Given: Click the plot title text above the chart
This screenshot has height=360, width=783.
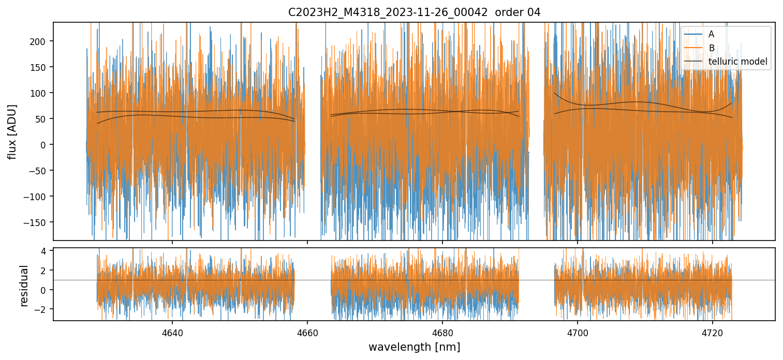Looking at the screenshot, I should click(x=414, y=12).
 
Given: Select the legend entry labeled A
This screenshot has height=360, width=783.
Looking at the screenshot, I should click(x=711, y=34).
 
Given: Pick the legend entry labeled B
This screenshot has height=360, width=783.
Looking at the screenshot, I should click(x=711, y=48).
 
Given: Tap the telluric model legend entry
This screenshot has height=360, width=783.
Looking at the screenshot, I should click(x=737, y=62).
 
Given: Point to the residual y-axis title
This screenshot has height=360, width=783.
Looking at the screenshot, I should click(x=24, y=286).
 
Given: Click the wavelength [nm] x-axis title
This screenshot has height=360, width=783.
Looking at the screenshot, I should click(x=414, y=347).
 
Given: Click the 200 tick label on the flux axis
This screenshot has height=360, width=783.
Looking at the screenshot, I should click(x=39, y=41).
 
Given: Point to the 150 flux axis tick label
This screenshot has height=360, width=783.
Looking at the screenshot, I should click(x=39, y=67).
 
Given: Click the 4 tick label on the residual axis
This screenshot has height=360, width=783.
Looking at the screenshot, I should click(x=44, y=251).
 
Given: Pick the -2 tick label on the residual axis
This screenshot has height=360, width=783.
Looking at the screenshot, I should click(x=41, y=309).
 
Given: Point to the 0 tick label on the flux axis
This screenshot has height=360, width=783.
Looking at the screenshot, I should click(x=44, y=145).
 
